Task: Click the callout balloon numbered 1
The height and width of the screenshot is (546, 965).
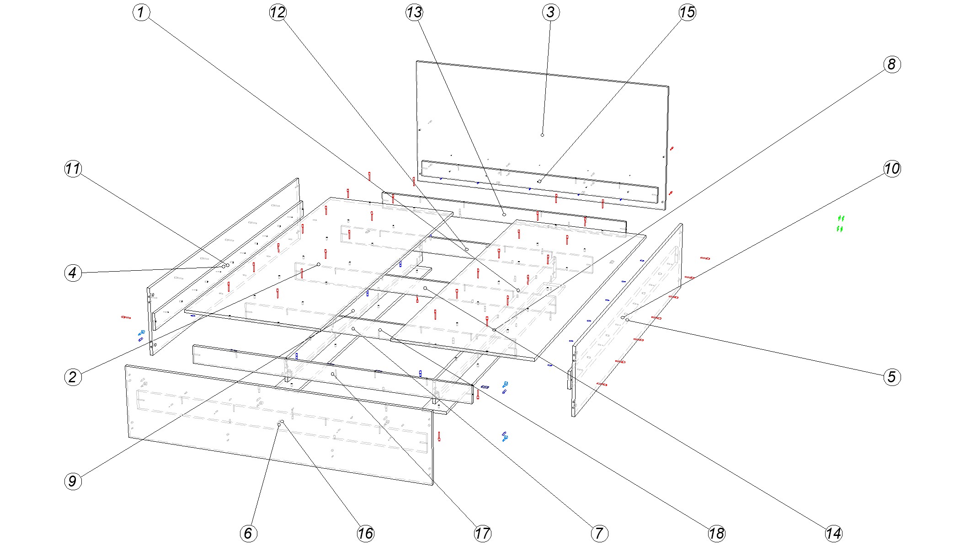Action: pyautogui.click(x=141, y=12)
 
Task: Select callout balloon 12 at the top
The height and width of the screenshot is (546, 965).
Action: pyautogui.click(x=277, y=12)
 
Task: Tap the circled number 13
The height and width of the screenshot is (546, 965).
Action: pyautogui.click(x=414, y=12)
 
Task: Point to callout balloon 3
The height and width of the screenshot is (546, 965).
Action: pyautogui.click(x=551, y=12)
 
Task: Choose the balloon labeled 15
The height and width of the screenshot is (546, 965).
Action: pyautogui.click(x=687, y=12)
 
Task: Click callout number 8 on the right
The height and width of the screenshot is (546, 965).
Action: pyautogui.click(x=892, y=64)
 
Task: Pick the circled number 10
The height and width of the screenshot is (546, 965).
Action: pyautogui.click(x=892, y=169)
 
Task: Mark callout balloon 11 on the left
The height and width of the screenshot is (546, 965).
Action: pyautogui.click(x=73, y=169)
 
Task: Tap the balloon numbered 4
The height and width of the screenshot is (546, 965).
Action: pyautogui.click(x=73, y=273)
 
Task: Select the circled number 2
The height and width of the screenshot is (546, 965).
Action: pyautogui.click(x=73, y=377)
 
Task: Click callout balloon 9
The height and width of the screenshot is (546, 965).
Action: pyautogui.click(x=73, y=481)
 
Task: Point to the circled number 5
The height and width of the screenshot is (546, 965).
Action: pyautogui.click(x=892, y=377)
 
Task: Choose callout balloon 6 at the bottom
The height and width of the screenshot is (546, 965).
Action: pyautogui.click(x=248, y=533)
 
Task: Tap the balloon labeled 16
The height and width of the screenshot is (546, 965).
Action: pyautogui.click(x=365, y=533)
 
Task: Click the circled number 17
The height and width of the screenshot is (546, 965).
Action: pyautogui.click(x=482, y=533)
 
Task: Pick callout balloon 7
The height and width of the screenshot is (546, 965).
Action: pyautogui.click(x=599, y=533)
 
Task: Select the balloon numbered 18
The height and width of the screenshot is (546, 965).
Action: pyautogui.click(x=716, y=533)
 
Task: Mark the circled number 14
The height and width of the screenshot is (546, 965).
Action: pyautogui.click(x=833, y=533)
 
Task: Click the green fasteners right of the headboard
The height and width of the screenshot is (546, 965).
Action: pyautogui.click(x=840, y=223)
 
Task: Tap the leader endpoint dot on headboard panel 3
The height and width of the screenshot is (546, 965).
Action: pyautogui.click(x=542, y=135)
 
